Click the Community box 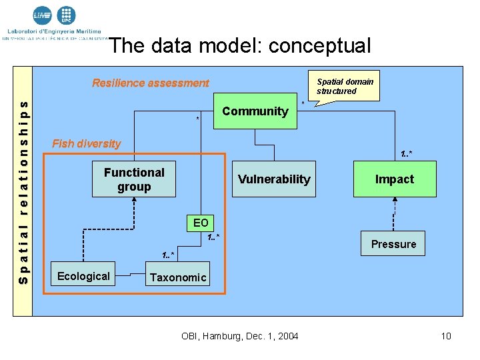click(255, 111)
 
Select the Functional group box click(134, 179)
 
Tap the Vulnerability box click(274, 179)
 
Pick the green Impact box click(394, 179)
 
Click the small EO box click(201, 223)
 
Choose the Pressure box click(393, 244)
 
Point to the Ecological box click(83, 276)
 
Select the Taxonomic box click(178, 277)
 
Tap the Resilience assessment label click(150, 83)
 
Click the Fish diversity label click(87, 144)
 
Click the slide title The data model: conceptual click(240, 45)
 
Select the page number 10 click(446, 336)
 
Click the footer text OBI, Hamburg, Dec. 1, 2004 click(240, 336)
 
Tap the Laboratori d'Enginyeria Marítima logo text click(55, 31)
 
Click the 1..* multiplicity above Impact click(406, 155)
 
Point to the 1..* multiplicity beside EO click(213, 238)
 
